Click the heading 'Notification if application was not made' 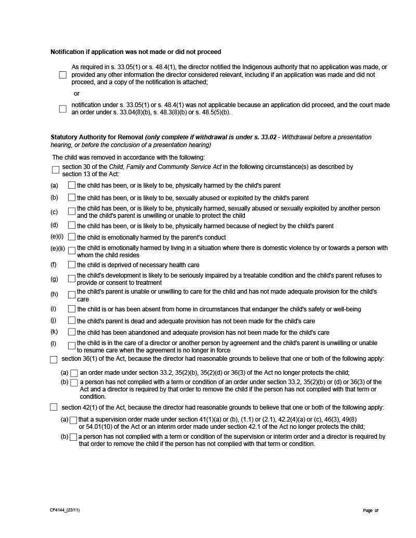tap(135, 52)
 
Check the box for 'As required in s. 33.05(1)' tap(62, 75)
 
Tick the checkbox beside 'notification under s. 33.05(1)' tap(62, 109)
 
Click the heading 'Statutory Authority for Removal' tap(97, 137)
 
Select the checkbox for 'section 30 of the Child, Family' tap(56, 170)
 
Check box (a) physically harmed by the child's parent tap(72, 185)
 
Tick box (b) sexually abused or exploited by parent tap(72, 198)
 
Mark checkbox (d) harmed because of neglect tap(72, 226)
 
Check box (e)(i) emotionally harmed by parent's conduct tap(72, 237)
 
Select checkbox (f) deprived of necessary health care tap(72, 265)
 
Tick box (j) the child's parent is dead tap(72, 321)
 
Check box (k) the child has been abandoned tap(72, 332)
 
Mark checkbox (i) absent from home tap(72, 309)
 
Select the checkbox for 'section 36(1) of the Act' tap(54, 359)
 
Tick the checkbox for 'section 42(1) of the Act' tap(54, 407)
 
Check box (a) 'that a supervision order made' tap(73, 420)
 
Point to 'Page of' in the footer tap(371, 510)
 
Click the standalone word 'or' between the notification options tap(76, 94)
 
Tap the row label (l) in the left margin tap(53, 344)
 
